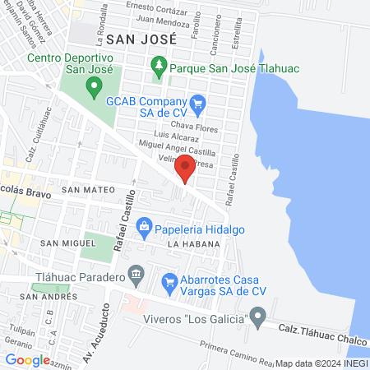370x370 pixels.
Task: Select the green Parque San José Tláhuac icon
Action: tap(159, 63)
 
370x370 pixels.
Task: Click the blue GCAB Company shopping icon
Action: tap(197, 103)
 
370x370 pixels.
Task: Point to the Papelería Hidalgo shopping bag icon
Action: tap(144, 225)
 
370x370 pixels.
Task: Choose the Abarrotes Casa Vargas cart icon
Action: tap(170, 282)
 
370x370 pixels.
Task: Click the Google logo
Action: tap(27, 359)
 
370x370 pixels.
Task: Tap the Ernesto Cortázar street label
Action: tap(159, 7)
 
